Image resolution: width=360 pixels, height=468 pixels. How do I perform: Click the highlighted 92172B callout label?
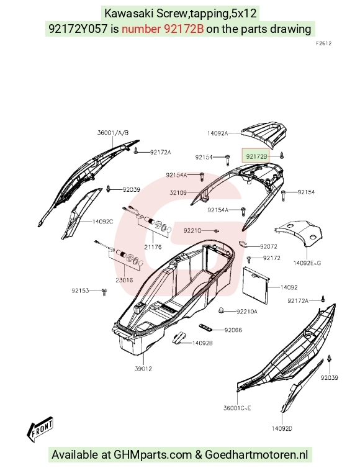257,156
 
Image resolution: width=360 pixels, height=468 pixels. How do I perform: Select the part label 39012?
143,369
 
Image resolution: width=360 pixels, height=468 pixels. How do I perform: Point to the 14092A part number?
218,133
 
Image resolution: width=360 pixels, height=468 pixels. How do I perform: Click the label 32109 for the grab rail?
178,193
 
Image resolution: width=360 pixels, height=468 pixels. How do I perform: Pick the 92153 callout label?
80,290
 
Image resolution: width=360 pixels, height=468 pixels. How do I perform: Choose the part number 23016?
124,281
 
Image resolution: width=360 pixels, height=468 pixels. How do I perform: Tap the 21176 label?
153,247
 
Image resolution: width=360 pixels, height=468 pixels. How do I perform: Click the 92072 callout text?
269,246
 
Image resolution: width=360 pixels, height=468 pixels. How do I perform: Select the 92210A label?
247,312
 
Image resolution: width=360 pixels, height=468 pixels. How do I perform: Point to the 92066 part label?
233,330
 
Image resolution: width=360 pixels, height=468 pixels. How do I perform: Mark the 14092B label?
202,343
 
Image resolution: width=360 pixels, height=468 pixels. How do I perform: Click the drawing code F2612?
323,43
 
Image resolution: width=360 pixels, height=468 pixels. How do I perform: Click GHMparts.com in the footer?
153,455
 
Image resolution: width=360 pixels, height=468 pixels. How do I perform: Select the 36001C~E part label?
237,408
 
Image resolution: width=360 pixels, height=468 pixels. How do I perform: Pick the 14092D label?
282,429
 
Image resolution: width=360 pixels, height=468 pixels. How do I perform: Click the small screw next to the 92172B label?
282,156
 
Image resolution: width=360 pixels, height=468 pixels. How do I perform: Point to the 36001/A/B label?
113,133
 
